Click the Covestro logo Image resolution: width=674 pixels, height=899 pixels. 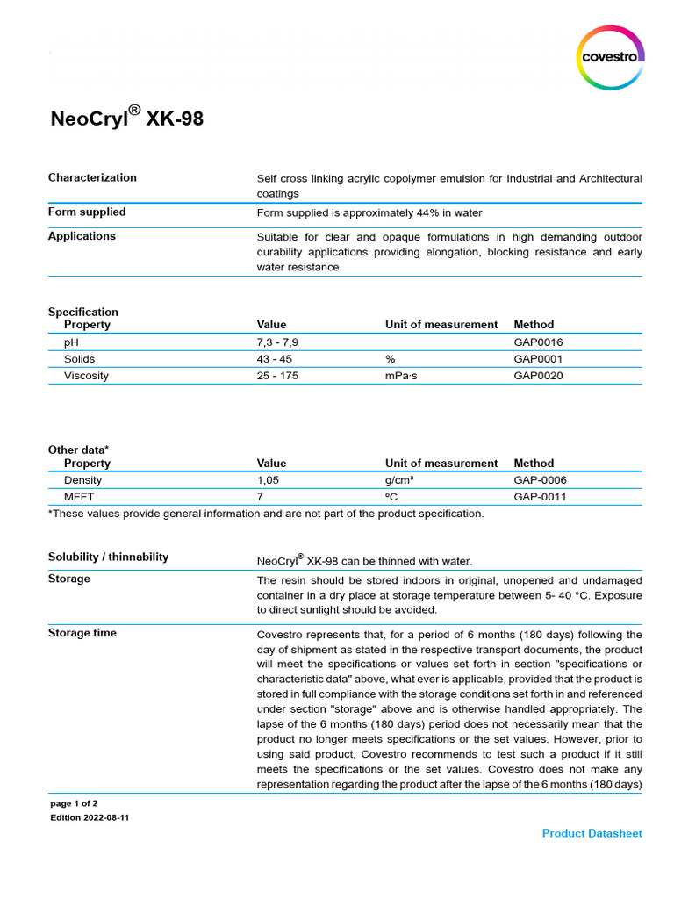tap(610, 57)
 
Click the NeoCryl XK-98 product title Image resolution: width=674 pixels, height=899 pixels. tap(126, 118)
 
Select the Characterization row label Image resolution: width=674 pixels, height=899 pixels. tap(92, 177)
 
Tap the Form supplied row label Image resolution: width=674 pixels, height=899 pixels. tap(87, 212)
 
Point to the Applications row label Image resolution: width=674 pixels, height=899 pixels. tap(82, 236)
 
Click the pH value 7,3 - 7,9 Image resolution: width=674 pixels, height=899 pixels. tap(283, 342)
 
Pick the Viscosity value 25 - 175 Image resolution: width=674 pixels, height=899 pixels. tap(281, 376)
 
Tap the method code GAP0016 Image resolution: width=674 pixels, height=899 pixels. tap(538, 342)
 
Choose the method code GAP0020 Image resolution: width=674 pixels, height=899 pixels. tap(538, 376)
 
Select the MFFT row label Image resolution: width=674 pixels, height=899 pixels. tap(79, 497)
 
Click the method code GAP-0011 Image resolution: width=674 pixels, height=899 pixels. tap(540, 497)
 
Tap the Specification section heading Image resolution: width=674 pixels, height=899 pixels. tap(82, 312)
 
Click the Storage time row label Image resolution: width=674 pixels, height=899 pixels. tap(82, 633)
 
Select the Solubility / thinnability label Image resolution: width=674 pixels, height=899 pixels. tap(108, 557)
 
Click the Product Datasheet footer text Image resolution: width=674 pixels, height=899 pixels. tap(592, 833)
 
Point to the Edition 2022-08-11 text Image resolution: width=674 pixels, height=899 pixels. tap(90, 817)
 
